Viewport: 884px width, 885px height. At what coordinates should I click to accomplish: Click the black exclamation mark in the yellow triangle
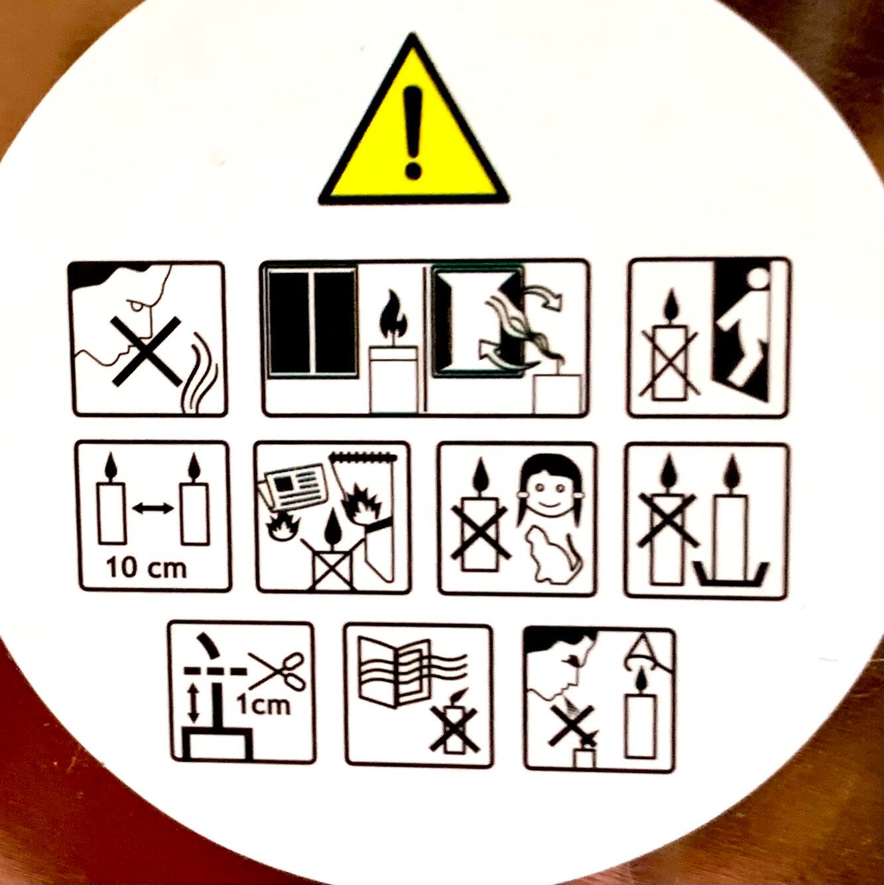[413, 133]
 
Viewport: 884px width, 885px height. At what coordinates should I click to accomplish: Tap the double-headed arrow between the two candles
[153, 508]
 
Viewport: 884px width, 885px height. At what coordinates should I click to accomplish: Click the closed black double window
[312, 322]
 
